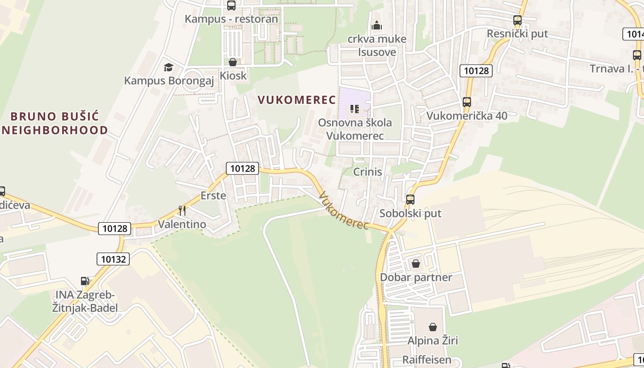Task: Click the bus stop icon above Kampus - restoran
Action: click(x=231, y=6)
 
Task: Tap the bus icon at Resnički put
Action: click(x=517, y=20)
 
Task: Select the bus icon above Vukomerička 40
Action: click(x=467, y=102)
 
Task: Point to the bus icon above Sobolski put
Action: click(x=410, y=200)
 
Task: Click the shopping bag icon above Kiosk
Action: click(x=233, y=62)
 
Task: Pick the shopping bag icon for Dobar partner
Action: click(x=416, y=264)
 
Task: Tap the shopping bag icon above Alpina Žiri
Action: click(x=433, y=327)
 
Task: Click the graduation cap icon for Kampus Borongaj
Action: click(x=168, y=68)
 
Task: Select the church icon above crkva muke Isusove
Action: click(x=377, y=25)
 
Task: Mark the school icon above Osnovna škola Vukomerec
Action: click(x=354, y=109)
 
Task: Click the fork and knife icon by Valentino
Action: click(x=182, y=211)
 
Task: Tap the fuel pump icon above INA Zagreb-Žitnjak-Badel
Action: click(x=85, y=281)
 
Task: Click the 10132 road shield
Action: click(x=113, y=259)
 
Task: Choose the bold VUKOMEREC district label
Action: click(x=297, y=100)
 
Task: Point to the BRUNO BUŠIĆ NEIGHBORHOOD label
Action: click(x=55, y=123)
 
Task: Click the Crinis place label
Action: click(x=368, y=172)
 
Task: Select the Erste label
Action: click(x=213, y=195)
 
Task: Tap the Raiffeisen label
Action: click(x=427, y=360)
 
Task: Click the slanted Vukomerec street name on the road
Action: click(x=344, y=211)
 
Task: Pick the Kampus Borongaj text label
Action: click(x=169, y=81)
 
